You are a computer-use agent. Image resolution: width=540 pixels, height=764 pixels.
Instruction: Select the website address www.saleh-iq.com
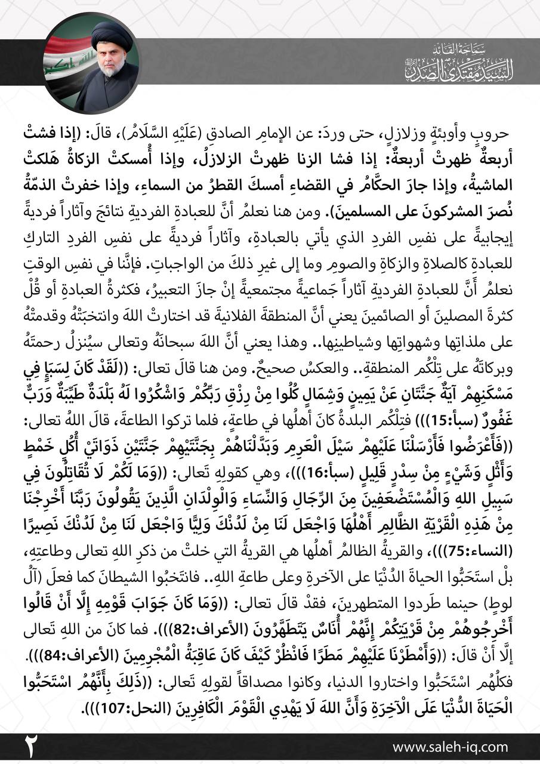click(450, 747)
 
